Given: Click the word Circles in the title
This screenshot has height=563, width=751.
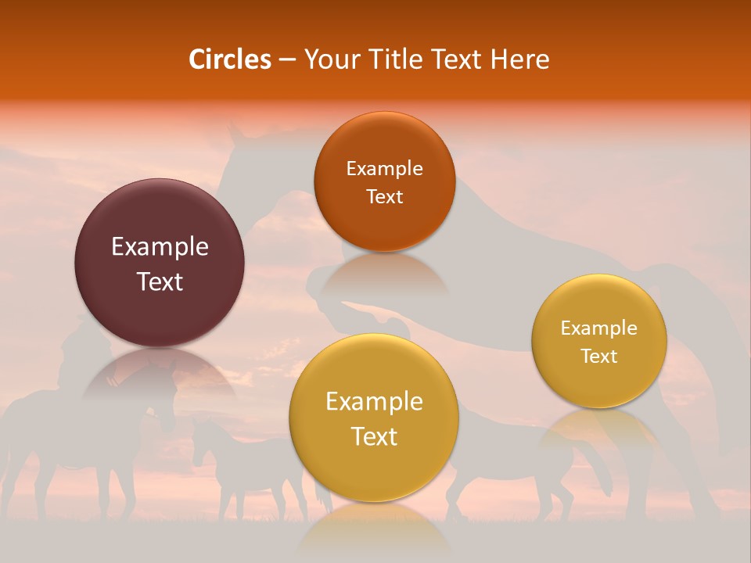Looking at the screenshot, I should [230, 59].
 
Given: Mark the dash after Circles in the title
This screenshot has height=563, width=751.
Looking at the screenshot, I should [287, 60].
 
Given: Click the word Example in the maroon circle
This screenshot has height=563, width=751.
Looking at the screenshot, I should [160, 247].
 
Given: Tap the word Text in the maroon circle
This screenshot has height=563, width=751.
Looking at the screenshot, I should [160, 281].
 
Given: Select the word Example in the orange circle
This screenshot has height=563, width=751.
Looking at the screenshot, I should [384, 169].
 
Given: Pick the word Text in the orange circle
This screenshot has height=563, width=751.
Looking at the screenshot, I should [384, 197].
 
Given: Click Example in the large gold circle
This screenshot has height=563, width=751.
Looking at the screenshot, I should [374, 402].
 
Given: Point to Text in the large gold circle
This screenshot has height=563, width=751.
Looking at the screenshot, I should [374, 436].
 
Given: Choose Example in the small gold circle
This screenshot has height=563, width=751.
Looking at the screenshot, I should [598, 328].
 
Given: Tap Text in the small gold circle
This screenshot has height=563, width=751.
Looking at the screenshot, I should [598, 357].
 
